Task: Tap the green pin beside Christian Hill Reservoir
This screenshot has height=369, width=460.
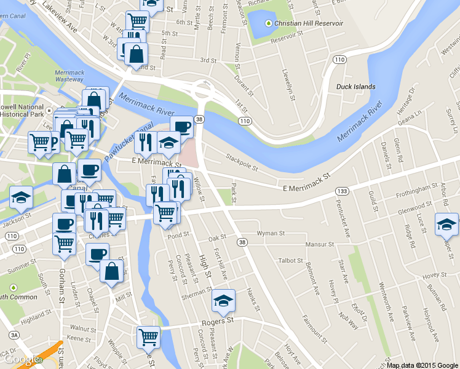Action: (x=268, y=23)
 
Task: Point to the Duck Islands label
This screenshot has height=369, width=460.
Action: (x=355, y=87)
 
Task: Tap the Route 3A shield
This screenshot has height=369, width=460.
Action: (x=14, y=335)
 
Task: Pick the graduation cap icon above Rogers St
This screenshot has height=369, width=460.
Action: (x=223, y=301)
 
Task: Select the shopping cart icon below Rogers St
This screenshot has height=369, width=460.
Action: (x=148, y=336)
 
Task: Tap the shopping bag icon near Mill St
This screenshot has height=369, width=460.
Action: (x=111, y=271)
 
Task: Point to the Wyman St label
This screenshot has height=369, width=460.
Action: (x=271, y=234)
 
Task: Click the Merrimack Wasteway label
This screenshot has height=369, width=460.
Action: (x=68, y=76)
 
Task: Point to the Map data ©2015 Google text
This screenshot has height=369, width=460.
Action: (x=422, y=365)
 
